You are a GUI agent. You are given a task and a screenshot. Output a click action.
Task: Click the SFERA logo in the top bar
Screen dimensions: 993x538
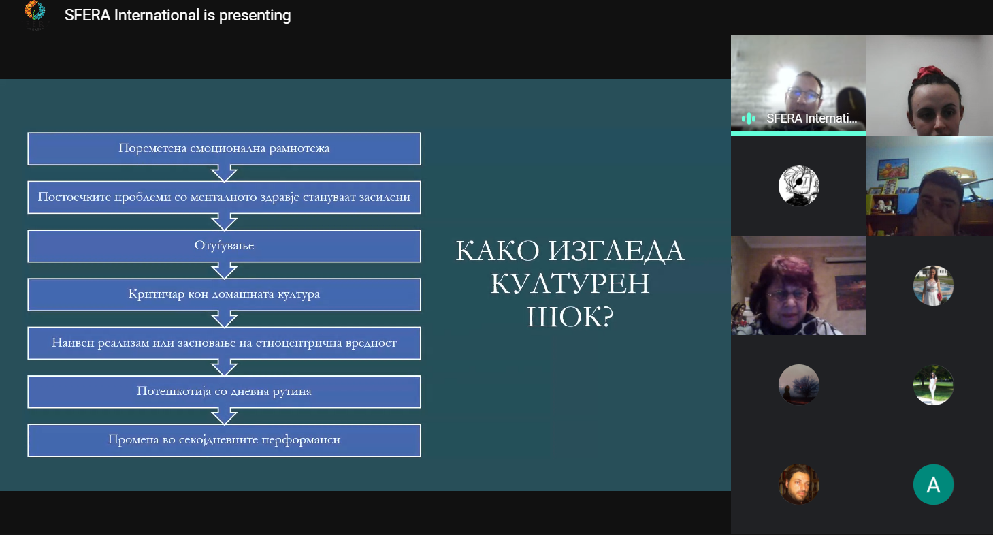point(35,14)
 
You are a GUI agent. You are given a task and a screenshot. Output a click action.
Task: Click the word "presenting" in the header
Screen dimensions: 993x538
point(255,16)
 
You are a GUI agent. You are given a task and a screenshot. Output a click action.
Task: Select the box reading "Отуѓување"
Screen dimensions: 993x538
point(225,246)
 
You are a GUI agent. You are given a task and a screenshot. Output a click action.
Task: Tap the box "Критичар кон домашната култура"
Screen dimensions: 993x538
point(225,294)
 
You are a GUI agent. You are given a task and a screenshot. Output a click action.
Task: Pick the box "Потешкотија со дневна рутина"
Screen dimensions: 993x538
point(225,391)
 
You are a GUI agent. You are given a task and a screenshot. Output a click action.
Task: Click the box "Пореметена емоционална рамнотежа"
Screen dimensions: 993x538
point(225,148)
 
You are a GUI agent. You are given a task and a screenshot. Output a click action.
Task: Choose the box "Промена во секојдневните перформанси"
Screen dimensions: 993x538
point(225,440)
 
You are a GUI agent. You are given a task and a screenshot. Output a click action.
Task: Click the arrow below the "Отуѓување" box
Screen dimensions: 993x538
point(225,270)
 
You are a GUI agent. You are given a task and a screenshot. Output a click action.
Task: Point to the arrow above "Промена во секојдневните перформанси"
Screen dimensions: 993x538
point(225,416)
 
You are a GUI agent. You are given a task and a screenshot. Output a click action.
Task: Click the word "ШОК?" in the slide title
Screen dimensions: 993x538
point(570,317)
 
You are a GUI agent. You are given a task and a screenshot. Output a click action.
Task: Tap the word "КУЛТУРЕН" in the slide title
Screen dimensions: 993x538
point(570,283)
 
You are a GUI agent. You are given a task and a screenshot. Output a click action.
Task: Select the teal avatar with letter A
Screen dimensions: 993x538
point(933,484)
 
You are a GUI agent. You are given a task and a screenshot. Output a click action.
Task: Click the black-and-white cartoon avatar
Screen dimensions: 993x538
point(799,185)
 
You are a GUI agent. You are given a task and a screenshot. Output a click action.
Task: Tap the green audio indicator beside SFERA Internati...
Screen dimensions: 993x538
point(749,118)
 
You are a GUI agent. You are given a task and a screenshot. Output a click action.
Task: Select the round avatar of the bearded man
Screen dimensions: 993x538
point(799,484)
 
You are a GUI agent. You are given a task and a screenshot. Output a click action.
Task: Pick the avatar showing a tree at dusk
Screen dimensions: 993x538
point(799,385)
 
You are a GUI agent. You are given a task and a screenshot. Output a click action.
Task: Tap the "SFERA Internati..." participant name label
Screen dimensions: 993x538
point(812,118)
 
